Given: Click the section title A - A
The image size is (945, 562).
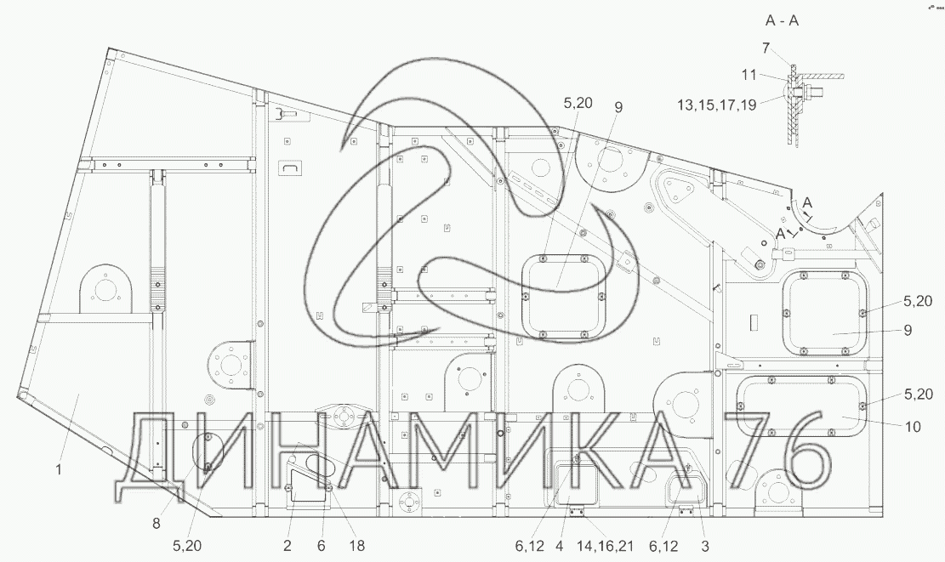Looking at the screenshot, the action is pos(782,20).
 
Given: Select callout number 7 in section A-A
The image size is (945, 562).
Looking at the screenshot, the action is pos(766,48).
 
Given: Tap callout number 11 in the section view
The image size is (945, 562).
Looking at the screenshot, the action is pos(749,76).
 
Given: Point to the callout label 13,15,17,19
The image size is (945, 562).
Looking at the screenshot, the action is pos(716,105).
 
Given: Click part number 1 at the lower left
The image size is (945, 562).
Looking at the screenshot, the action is pos(59,469).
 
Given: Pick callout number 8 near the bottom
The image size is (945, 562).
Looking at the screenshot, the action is pos(157,524).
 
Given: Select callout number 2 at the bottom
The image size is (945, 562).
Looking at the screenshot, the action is pos(287,546).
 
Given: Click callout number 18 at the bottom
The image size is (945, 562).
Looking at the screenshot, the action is pos(357,546).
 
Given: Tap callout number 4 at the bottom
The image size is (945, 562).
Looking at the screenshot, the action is pos(560,546).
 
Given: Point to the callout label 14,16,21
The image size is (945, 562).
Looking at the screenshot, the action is pos(604,546).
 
